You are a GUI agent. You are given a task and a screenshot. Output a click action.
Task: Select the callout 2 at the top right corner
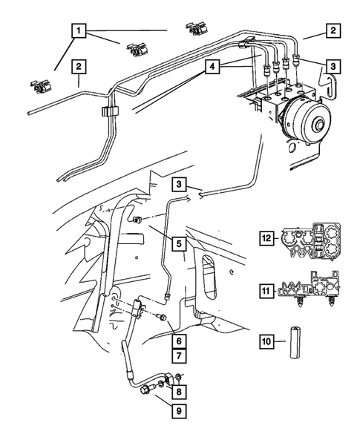pyautogui.click(x=334, y=31)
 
